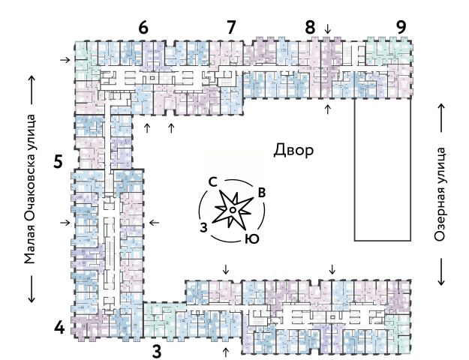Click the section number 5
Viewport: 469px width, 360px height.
[x=59, y=160]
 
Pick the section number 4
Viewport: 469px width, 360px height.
[x=59, y=327]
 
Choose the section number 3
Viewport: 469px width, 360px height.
[x=156, y=349]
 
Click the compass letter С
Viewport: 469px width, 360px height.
[x=213, y=181]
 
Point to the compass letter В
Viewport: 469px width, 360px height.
[x=262, y=192]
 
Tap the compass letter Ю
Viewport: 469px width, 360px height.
[x=253, y=239]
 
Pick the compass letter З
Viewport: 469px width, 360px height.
[x=203, y=226]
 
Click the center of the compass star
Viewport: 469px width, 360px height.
[x=233, y=211]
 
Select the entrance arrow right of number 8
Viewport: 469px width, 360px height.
[x=327, y=29]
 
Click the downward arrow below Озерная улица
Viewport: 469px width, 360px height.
[x=441, y=271]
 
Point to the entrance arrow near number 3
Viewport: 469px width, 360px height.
[x=226, y=350]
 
